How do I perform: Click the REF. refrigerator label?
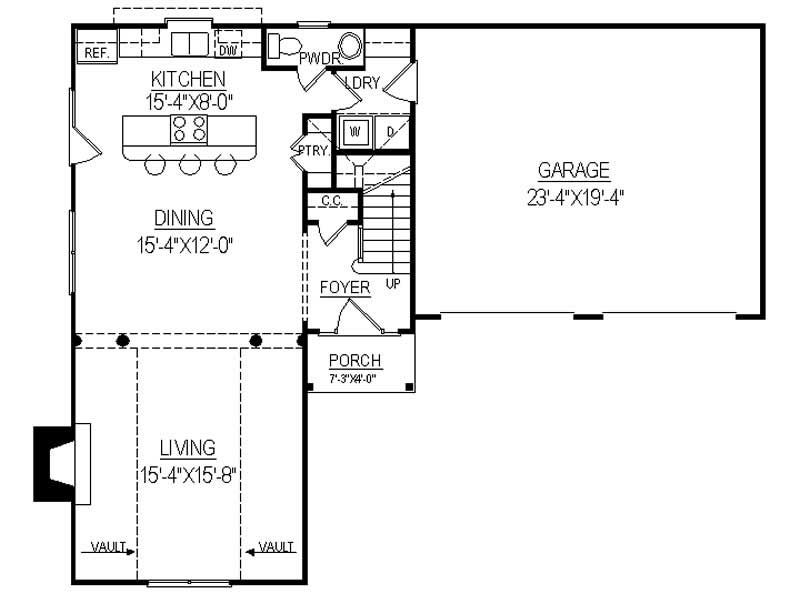[x=96, y=52]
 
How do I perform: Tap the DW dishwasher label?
[x=227, y=50]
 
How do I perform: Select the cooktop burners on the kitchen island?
[x=189, y=129]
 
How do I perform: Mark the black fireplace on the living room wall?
[x=55, y=463]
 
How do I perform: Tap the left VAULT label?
[x=108, y=547]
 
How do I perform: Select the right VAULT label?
[x=276, y=547]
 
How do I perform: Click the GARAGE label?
[x=573, y=170]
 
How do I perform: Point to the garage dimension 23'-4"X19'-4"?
[x=573, y=196]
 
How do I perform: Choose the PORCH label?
[x=355, y=360]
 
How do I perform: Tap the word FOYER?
[x=345, y=288]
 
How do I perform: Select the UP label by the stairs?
[x=393, y=284]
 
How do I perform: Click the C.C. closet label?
[x=332, y=201]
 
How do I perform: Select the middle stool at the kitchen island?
[x=189, y=165]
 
